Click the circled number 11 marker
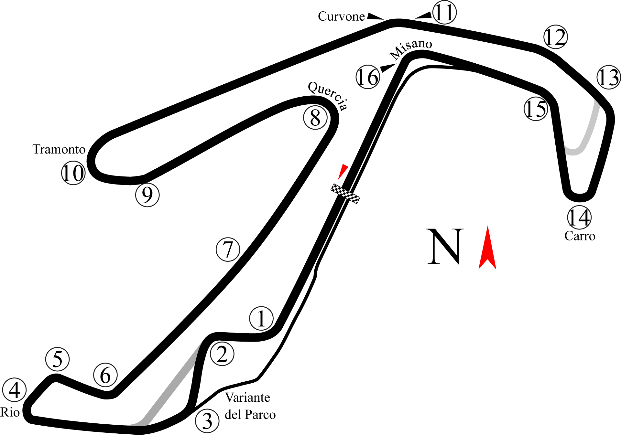point(444,13)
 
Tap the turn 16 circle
point(368,77)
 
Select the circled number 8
point(315,118)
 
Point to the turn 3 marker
point(207,421)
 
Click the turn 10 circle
point(73,173)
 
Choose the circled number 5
point(58,359)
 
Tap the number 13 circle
point(608,77)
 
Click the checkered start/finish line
point(345,193)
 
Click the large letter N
point(445,246)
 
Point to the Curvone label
point(342,16)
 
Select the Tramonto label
point(59,149)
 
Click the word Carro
point(580,236)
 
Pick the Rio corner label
point(10,412)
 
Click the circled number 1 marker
point(261,318)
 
